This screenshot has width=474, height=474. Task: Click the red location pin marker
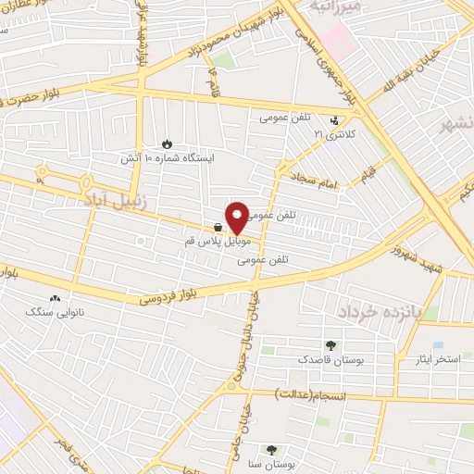point(237,218)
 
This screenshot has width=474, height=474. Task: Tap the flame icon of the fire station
point(167,143)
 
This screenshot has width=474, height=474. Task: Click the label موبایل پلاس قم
point(217,240)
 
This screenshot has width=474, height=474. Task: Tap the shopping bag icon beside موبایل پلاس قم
point(217,226)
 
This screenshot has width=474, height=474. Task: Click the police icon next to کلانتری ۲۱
point(335,120)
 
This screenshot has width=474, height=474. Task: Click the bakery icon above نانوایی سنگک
point(55,299)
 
